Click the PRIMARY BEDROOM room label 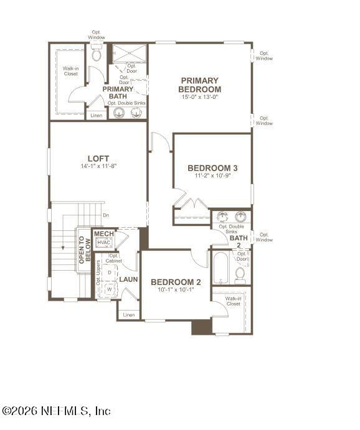(x=199, y=85)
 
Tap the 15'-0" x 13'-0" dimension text (x=200, y=97)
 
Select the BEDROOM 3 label (x=212, y=168)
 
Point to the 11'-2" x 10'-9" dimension (x=212, y=176)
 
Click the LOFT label (x=98, y=158)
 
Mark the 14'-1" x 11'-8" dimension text (x=98, y=166)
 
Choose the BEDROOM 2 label (x=176, y=282)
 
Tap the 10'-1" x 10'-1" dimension (x=176, y=290)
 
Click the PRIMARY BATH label (x=118, y=93)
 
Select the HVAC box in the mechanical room (x=103, y=242)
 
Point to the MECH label (x=104, y=233)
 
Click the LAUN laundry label (x=129, y=279)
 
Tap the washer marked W (x=110, y=289)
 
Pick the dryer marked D (x=110, y=273)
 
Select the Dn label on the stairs (x=106, y=215)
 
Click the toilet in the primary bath (x=96, y=55)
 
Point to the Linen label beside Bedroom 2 (x=128, y=315)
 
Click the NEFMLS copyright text (x=55, y=411)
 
